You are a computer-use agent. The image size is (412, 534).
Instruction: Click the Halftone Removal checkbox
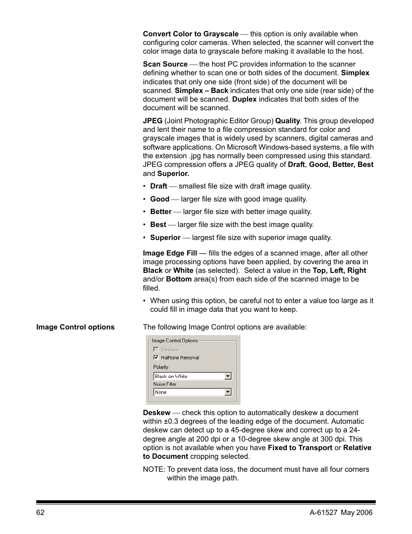[x=156, y=358]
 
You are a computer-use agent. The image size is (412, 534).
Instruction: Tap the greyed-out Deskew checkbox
[x=156, y=349]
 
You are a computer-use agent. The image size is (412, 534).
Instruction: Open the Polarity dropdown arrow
[x=228, y=376]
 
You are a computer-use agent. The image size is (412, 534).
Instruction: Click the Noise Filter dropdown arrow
[x=228, y=392]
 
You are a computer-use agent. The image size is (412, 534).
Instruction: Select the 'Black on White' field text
[x=171, y=376]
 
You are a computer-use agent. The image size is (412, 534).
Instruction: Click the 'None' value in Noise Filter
[x=161, y=392]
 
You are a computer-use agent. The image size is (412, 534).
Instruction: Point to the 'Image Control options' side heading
[x=75, y=327]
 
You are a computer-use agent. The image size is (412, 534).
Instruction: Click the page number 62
[x=40, y=512]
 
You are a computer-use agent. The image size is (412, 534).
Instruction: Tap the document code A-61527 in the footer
[x=323, y=512]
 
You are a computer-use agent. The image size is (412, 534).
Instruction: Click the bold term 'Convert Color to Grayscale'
[x=190, y=34]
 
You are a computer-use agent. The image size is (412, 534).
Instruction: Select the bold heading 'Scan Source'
[x=165, y=64]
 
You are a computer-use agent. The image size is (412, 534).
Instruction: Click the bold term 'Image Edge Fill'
[x=170, y=253]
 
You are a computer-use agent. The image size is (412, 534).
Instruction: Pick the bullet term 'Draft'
[x=158, y=186]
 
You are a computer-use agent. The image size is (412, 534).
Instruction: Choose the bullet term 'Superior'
[x=165, y=237]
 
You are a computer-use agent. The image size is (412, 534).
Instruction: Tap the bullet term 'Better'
[x=161, y=211]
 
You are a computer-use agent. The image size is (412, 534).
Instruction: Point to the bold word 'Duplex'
[x=244, y=99]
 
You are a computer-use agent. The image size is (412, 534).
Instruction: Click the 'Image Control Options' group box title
[x=175, y=341]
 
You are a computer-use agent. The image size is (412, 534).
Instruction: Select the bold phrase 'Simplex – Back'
[x=201, y=90]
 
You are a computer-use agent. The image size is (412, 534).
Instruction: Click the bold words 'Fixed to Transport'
[x=300, y=448]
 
